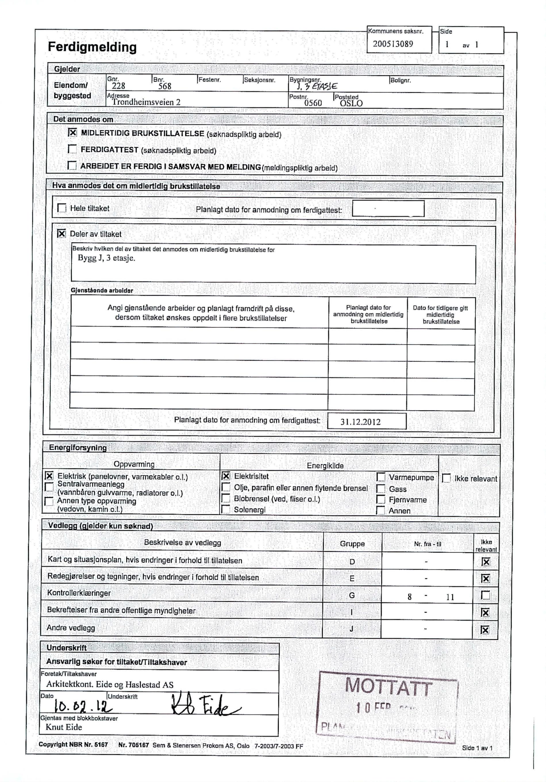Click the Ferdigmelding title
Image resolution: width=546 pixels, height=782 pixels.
92,47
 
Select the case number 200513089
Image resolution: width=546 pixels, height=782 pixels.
393,44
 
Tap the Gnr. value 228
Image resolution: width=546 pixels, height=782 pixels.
118,86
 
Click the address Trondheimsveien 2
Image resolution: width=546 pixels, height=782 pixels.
146,102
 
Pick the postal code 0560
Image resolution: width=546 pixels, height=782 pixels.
313,103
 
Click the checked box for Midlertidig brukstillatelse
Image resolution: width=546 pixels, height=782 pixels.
72,133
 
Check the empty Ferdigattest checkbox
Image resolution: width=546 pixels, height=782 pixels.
72,149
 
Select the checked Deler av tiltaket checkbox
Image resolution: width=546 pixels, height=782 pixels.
61,234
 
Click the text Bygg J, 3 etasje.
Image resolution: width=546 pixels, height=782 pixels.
107,258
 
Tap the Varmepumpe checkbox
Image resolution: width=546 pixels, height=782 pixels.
381,477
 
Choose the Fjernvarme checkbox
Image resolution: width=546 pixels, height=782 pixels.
380,500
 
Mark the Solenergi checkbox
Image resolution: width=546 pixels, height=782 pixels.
226,510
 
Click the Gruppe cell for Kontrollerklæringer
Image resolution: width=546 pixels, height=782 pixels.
352,595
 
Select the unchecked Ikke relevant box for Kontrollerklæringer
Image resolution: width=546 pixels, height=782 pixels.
485,595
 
